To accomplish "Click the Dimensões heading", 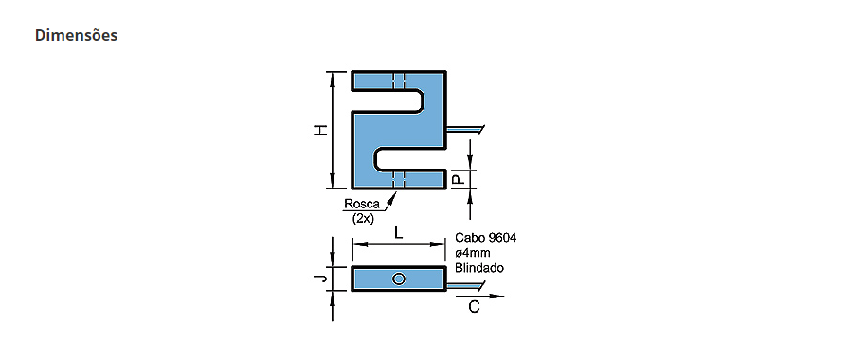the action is click(x=76, y=35).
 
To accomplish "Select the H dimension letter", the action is click(x=320, y=131).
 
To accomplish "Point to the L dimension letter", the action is click(x=398, y=232).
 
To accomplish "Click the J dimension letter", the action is click(x=320, y=279).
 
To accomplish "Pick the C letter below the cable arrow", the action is click(x=474, y=307).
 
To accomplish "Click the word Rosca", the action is click(x=362, y=204).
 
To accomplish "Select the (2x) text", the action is click(x=364, y=219).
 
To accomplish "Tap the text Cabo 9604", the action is click(x=486, y=238).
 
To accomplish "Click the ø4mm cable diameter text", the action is click(x=473, y=253).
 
